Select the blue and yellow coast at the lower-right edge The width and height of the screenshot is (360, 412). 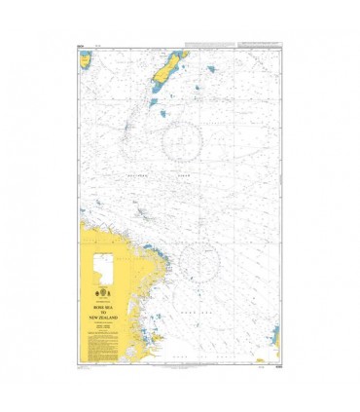[275, 340]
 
